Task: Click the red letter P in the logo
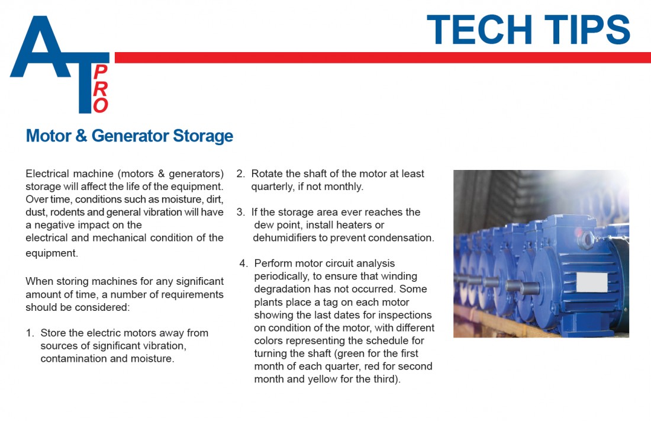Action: [x=101, y=72]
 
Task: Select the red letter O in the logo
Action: [x=101, y=105]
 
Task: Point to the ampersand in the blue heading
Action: [x=82, y=136]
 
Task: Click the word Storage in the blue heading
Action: [x=203, y=136]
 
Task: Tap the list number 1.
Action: [x=30, y=333]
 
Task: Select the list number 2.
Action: [x=240, y=173]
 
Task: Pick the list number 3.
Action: [x=240, y=212]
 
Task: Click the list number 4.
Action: [x=243, y=263]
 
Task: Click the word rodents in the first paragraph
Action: [x=67, y=212]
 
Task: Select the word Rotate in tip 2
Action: [x=267, y=173]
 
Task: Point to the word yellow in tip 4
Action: [x=322, y=380]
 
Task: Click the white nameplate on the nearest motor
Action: [x=592, y=282]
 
